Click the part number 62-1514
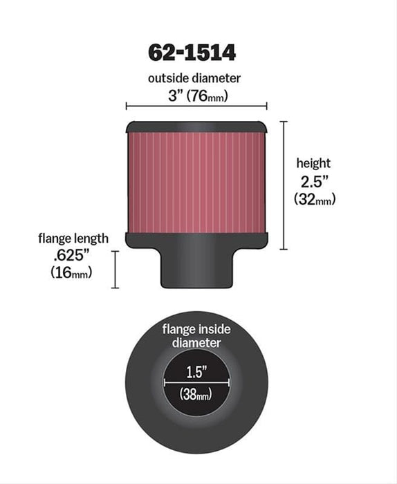[x=195, y=53]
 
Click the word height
[x=313, y=163]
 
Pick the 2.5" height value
[x=314, y=181]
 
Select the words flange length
[x=73, y=239]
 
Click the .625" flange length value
[x=73, y=255]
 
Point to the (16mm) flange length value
[x=73, y=272]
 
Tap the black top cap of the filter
[x=196, y=127]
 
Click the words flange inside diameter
[x=196, y=335]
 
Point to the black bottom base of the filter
[x=196, y=239]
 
